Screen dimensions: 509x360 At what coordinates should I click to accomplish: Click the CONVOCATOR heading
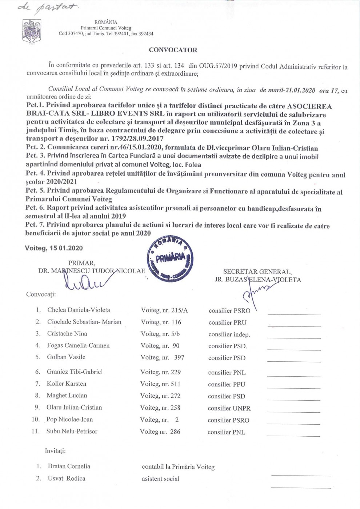[x=173, y=50]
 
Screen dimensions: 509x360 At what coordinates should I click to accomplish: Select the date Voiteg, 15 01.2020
[x=54, y=248]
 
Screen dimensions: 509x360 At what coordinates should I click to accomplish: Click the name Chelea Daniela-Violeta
[x=79, y=310]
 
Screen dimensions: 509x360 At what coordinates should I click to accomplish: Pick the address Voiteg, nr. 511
[x=160, y=384]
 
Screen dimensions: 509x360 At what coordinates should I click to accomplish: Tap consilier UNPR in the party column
[x=229, y=408]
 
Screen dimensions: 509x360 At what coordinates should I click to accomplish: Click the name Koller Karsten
[x=67, y=384]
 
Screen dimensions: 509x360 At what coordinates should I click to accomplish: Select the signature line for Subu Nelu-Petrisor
[x=293, y=435]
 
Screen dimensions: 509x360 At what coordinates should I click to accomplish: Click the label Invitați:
[x=55, y=451]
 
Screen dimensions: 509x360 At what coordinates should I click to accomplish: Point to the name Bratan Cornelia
[x=69, y=466]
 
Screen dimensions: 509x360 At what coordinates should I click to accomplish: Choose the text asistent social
[x=161, y=479]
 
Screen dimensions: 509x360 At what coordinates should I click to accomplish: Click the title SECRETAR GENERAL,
[x=257, y=272]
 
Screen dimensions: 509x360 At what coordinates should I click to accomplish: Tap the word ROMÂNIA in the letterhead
[x=106, y=22]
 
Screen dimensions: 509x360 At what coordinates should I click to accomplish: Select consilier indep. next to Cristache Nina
[x=229, y=334]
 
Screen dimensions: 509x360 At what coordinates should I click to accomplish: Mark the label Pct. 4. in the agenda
[x=35, y=173]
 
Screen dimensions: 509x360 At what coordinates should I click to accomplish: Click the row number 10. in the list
[x=36, y=420]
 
